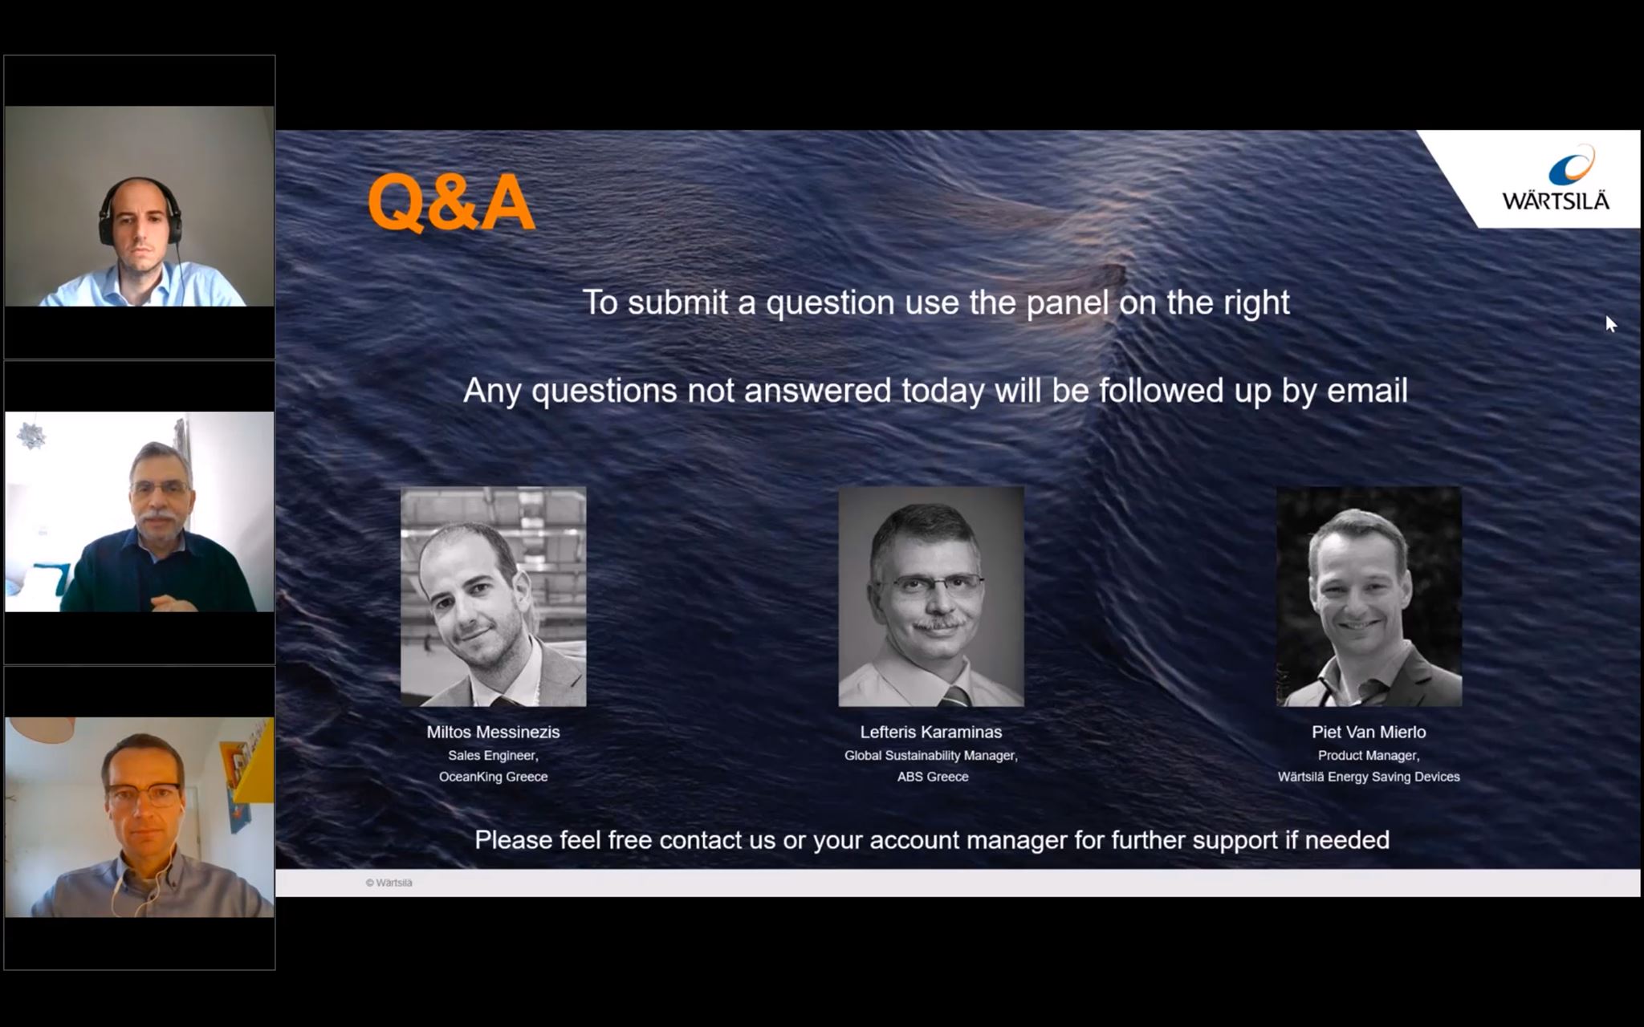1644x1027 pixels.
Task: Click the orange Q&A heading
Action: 451,204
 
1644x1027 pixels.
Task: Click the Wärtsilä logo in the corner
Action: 1556,179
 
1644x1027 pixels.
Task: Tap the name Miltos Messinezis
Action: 493,732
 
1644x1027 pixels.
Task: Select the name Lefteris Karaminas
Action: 931,732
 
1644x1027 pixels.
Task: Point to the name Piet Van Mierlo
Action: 1369,732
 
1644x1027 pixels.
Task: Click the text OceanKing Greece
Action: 493,777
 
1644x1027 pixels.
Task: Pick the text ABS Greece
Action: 933,777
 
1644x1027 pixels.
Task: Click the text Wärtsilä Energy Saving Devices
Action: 1369,777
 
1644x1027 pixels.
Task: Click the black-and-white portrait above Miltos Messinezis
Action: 494,597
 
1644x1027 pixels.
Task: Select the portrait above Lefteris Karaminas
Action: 931,597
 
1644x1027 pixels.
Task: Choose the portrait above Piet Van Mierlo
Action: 1369,597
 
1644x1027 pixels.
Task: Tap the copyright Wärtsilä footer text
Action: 389,883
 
